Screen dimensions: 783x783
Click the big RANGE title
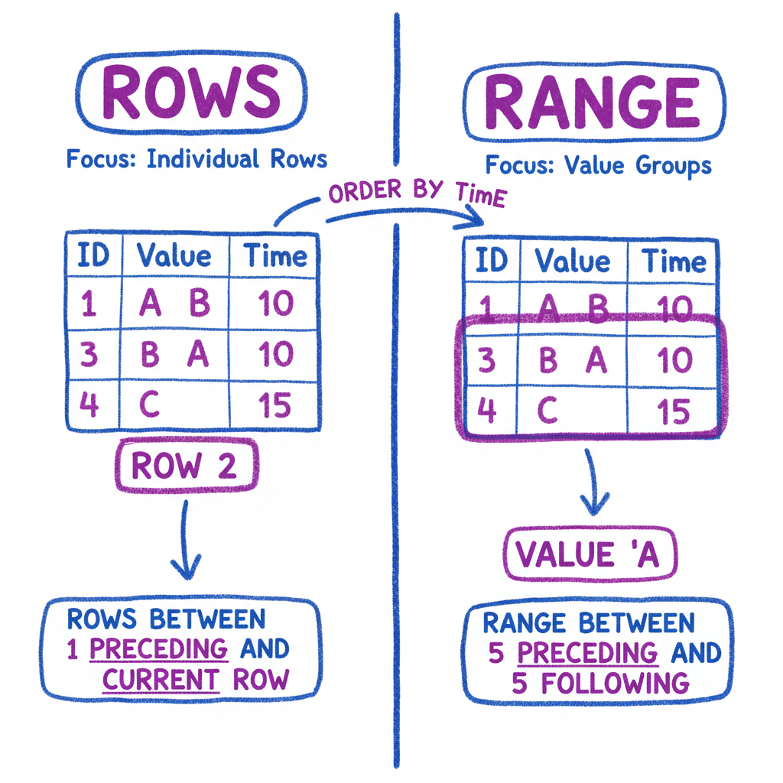592,100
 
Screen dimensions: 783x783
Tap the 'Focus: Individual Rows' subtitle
197,159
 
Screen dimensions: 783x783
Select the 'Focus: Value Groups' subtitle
598,165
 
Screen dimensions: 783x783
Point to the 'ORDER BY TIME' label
417,194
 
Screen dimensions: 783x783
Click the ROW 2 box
185,466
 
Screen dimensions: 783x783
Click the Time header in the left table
275,256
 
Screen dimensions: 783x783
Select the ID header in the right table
491,262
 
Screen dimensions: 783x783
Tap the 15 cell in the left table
275,404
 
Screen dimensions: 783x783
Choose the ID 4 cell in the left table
89,404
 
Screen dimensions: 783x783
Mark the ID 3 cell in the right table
486,360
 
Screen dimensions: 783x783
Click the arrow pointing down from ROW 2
185,539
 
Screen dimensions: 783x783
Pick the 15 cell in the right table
674,413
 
